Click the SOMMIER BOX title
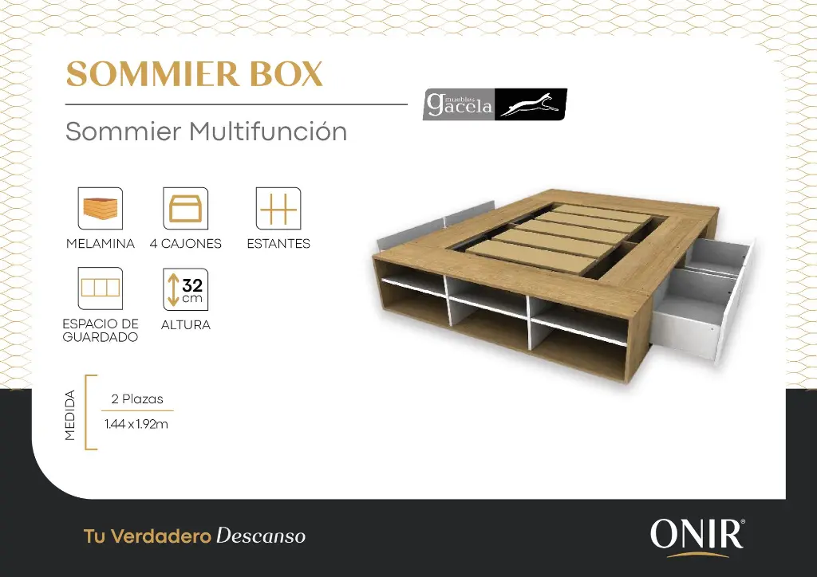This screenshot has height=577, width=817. click(x=194, y=74)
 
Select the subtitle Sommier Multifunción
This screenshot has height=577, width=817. click(x=206, y=131)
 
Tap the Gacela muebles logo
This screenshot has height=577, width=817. click(x=495, y=104)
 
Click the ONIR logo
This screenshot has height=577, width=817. click(x=697, y=535)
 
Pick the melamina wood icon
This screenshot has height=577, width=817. click(x=101, y=209)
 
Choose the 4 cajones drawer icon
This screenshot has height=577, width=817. click(x=185, y=209)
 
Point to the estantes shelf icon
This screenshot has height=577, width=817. click(x=278, y=209)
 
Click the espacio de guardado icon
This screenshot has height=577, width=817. click(x=101, y=288)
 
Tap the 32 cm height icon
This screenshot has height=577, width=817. click(x=185, y=288)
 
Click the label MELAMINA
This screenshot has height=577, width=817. click(x=101, y=244)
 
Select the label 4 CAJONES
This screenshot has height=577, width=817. click(x=185, y=244)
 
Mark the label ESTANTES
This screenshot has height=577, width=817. click(x=278, y=244)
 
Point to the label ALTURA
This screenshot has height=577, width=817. click(x=185, y=325)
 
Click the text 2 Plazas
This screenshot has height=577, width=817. click(x=137, y=398)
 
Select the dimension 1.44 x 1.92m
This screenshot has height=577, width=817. click(x=136, y=424)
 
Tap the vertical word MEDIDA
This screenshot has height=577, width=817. click(x=70, y=414)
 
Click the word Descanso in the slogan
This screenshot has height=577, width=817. click(x=261, y=536)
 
